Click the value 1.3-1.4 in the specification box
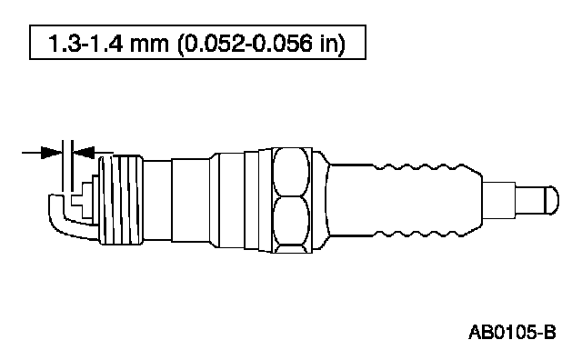coord(85,43)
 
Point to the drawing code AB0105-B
coord(512,332)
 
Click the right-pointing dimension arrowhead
coord(51,152)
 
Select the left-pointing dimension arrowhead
coord(84,152)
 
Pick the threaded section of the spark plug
coord(121,200)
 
